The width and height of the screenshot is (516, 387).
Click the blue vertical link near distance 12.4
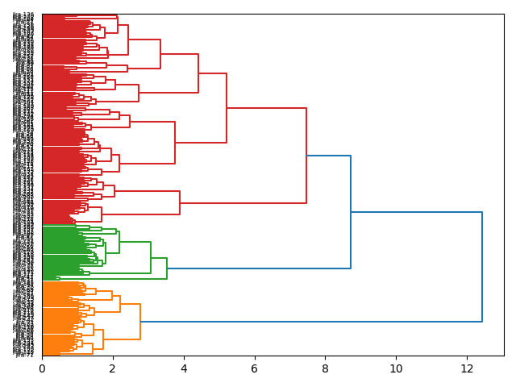click(482, 266)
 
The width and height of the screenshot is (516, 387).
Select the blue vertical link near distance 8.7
click(351, 211)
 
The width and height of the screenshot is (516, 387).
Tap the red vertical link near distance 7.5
click(306, 155)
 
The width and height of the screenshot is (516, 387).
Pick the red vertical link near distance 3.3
click(160, 54)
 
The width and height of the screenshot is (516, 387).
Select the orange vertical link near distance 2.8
click(140, 322)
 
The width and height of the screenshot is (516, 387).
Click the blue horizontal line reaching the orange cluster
click(311, 322)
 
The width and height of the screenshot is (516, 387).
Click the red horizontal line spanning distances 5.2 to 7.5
click(266, 108)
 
